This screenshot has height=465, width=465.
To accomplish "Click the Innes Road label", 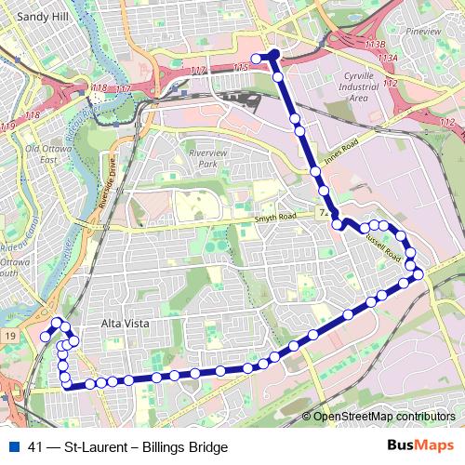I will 340,154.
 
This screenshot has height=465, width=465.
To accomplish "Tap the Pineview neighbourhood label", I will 424,31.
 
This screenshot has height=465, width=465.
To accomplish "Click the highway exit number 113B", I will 375,44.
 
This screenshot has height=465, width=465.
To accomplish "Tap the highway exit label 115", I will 241,68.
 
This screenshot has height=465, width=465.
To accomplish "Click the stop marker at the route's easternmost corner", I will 418,273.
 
